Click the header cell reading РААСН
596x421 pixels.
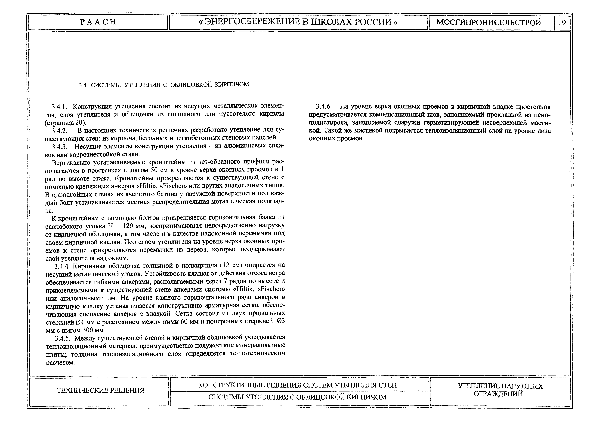pyautogui.click(x=98, y=22)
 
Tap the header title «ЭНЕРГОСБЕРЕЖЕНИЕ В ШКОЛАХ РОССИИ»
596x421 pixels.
pyautogui.click(x=298, y=22)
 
